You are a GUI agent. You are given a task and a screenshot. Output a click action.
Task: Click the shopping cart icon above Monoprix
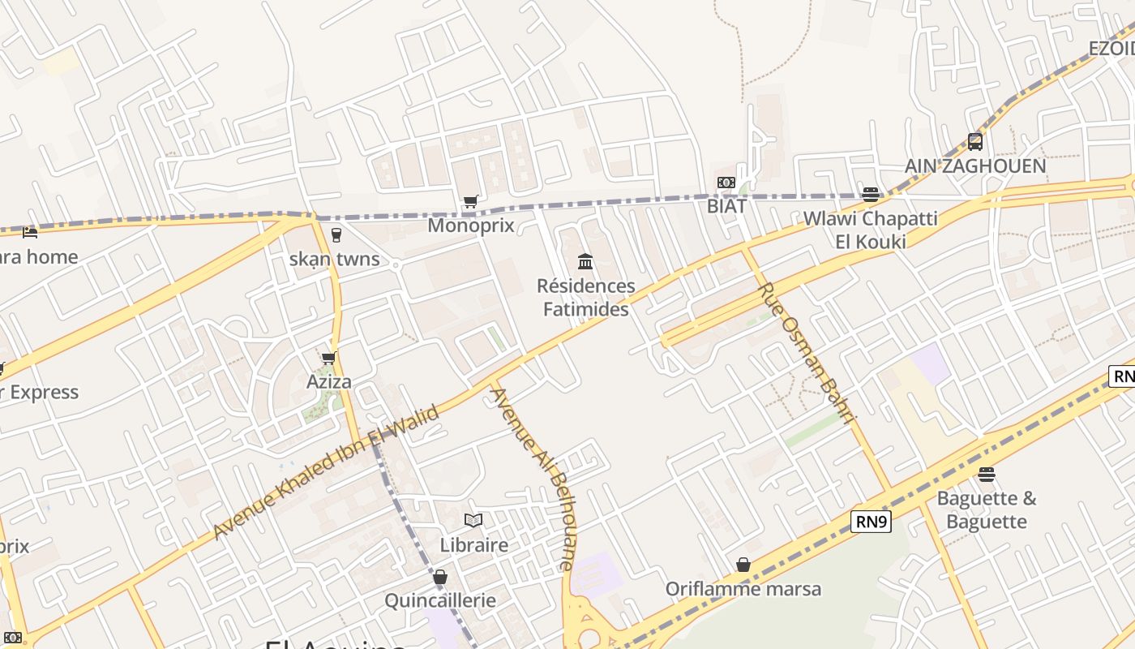[x=470, y=201]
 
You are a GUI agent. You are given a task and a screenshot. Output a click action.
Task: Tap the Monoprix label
[x=471, y=226]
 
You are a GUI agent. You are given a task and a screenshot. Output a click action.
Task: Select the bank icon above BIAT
[x=726, y=183]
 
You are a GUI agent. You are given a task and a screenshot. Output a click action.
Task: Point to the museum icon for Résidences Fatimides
[x=585, y=261]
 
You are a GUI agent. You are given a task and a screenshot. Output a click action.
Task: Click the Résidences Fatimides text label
[x=586, y=298]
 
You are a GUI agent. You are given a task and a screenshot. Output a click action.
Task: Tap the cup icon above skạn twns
[x=336, y=235]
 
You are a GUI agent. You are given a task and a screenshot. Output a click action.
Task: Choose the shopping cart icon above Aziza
[x=329, y=358]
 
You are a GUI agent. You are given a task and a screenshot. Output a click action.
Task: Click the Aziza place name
[x=329, y=381]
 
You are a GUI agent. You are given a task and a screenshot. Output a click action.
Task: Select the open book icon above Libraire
[x=473, y=520]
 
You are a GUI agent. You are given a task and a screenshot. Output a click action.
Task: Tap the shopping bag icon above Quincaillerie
[x=439, y=577]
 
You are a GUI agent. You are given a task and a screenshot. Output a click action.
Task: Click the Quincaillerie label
[x=440, y=601]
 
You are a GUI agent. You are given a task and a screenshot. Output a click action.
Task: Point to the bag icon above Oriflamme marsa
[x=743, y=565]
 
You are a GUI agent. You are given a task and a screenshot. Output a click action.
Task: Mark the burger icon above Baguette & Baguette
[x=987, y=474]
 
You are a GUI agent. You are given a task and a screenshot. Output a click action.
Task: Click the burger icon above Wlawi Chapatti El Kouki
[x=871, y=195]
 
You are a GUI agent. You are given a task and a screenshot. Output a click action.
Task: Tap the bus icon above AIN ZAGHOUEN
[x=975, y=142]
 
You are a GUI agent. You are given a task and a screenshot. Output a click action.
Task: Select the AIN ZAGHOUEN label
[x=975, y=166]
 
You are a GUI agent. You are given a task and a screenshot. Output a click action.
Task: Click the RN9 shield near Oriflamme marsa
[x=872, y=522]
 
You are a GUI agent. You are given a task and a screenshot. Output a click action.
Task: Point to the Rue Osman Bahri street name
[x=806, y=353]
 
